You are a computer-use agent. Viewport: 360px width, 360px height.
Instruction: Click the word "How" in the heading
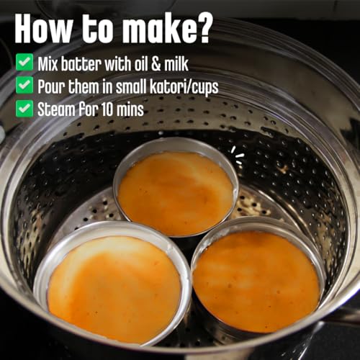pyautogui.click(x=42, y=28)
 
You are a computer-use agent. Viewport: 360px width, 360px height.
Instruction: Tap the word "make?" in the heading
pyautogui.click(x=168, y=28)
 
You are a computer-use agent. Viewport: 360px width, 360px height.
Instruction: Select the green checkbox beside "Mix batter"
pyautogui.click(x=24, y=62)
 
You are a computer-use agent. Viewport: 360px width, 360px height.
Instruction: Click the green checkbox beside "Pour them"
pyautogui.click(x=24, y=85)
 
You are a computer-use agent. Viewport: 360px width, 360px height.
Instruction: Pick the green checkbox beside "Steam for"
pyautogui.click(x=24, y=108)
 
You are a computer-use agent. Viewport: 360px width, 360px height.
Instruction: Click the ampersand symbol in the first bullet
pyautogui.click(x=156, y=64)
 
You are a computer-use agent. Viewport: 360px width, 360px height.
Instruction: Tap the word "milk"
pyautogui.click(x=176, y=64)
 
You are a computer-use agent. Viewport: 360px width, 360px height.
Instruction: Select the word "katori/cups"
pyautogui.click(x=184, y=87)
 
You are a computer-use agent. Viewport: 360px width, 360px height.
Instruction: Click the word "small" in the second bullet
pyautogui.click(x=132, y=86)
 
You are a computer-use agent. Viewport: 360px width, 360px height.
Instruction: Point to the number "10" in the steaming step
pyautogui.click(x=107, y=110)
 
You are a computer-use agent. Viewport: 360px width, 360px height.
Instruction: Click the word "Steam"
pyautogui.click(x=56, y=109)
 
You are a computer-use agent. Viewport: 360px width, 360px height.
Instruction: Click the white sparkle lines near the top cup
pyautogui.click(x=238, y=156)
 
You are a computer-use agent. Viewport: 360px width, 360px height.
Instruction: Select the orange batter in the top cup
pyautogui.click(x=176, y=193)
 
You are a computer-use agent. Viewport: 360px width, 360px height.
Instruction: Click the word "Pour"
pyautogui.click(x=51, y=86)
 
